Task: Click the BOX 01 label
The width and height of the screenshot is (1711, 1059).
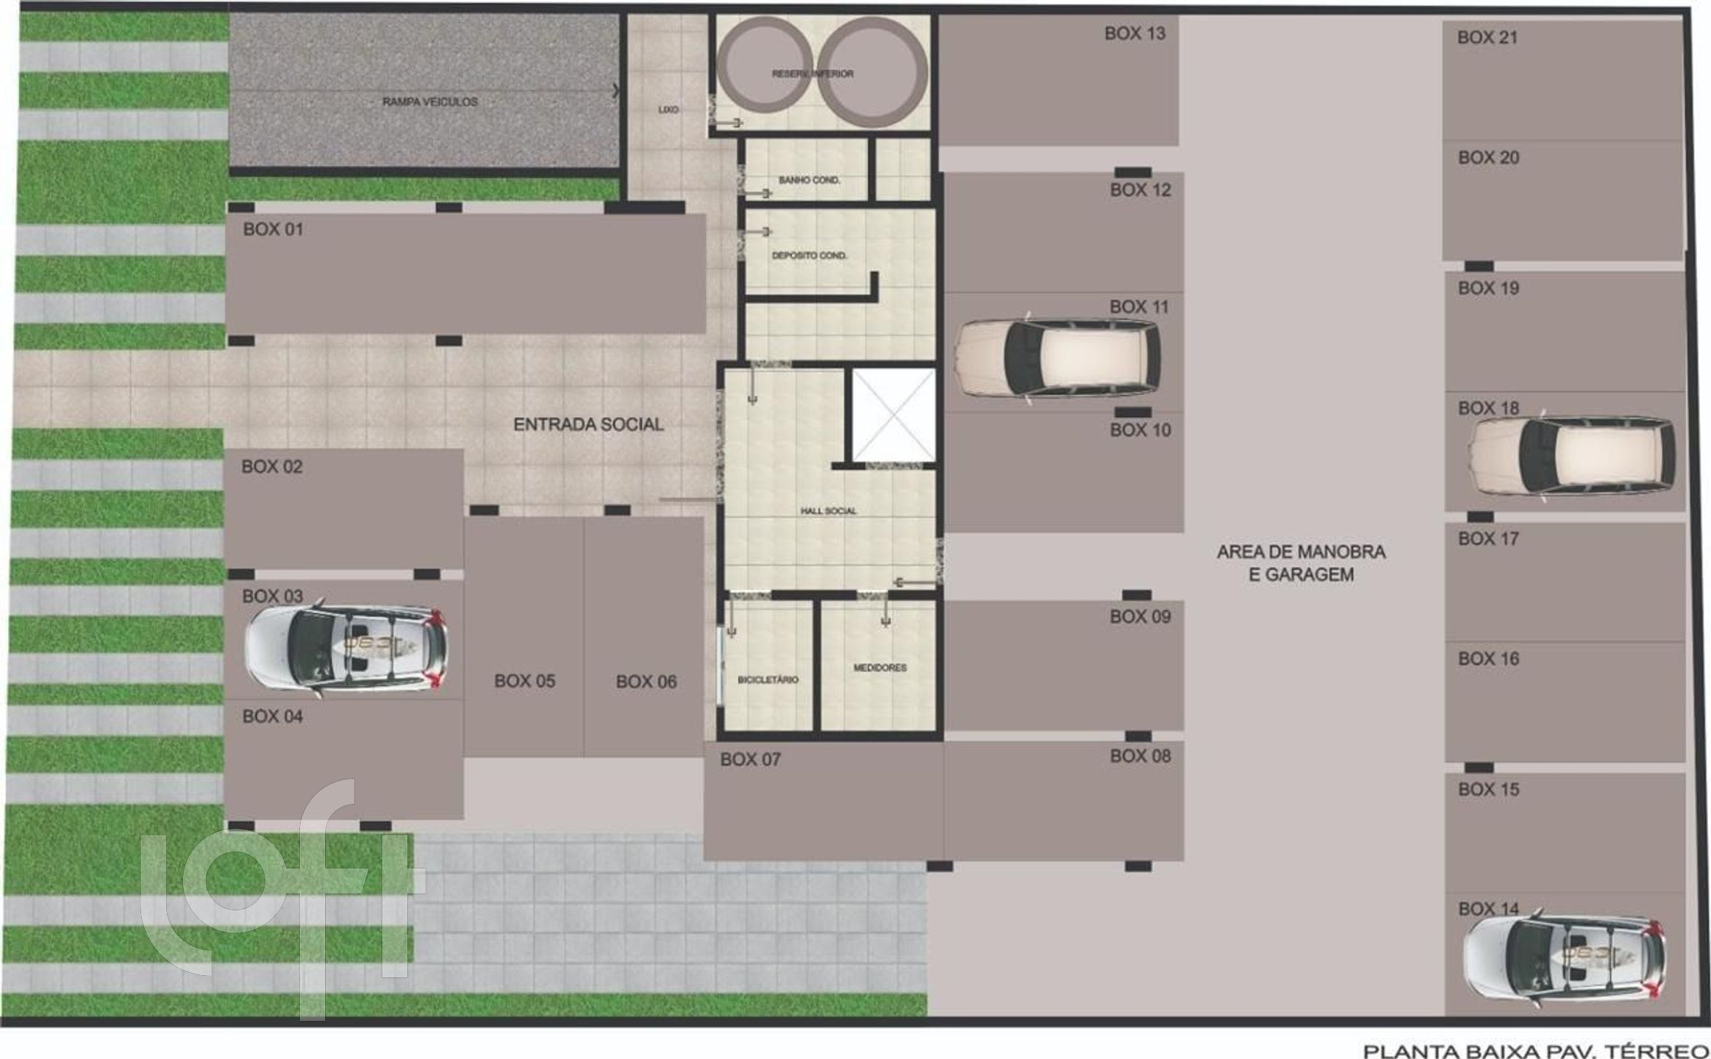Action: [x=273, y=229]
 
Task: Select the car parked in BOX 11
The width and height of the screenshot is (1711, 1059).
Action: [x=1057, y=357]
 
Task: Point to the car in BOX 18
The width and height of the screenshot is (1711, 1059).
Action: [x=1573, y=456]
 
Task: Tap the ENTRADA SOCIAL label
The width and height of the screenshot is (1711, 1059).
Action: [x=588, y=424]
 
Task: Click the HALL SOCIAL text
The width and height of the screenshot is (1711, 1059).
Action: [x=829, y=510]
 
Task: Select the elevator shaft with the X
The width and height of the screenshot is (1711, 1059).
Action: [x=893, y=416]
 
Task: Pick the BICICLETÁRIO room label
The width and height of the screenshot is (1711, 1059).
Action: [x=768, y=680]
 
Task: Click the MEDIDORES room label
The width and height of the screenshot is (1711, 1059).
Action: [x=880, y=668]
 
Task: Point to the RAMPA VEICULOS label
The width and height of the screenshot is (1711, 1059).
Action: [x=430, y=101]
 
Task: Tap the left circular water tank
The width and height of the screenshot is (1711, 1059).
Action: [x=765, y=71]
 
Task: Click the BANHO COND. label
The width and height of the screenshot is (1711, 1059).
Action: [x=810, y=179]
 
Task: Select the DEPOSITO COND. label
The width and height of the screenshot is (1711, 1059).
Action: [x=810, y=255]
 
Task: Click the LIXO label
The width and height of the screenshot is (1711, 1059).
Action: [x=668, y=110]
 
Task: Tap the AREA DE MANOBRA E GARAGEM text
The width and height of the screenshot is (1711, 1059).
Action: [x=1301, y=563]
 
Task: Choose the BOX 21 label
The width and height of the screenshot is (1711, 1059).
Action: [x=1487, y=38]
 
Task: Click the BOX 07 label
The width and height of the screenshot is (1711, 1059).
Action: [x=750, y=759]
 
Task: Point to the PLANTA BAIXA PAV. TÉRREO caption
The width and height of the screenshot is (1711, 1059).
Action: [x=1536, y=1051]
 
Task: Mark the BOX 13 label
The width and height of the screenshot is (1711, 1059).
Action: [x=1135, y=33]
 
